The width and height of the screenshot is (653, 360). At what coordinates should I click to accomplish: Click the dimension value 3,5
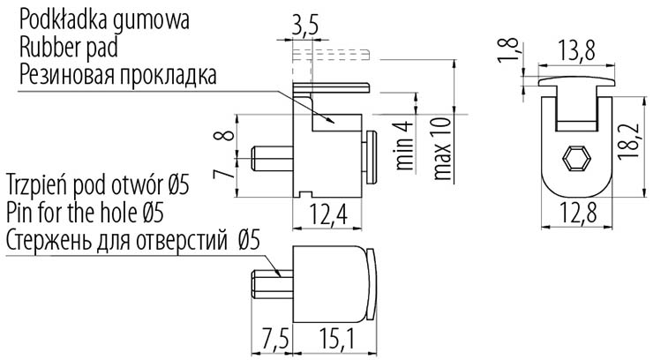[x=304, y=26]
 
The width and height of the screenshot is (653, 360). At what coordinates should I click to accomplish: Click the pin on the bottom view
[x=269, y=286]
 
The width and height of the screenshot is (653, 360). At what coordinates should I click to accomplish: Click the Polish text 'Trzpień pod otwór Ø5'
[x=97, y=186]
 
